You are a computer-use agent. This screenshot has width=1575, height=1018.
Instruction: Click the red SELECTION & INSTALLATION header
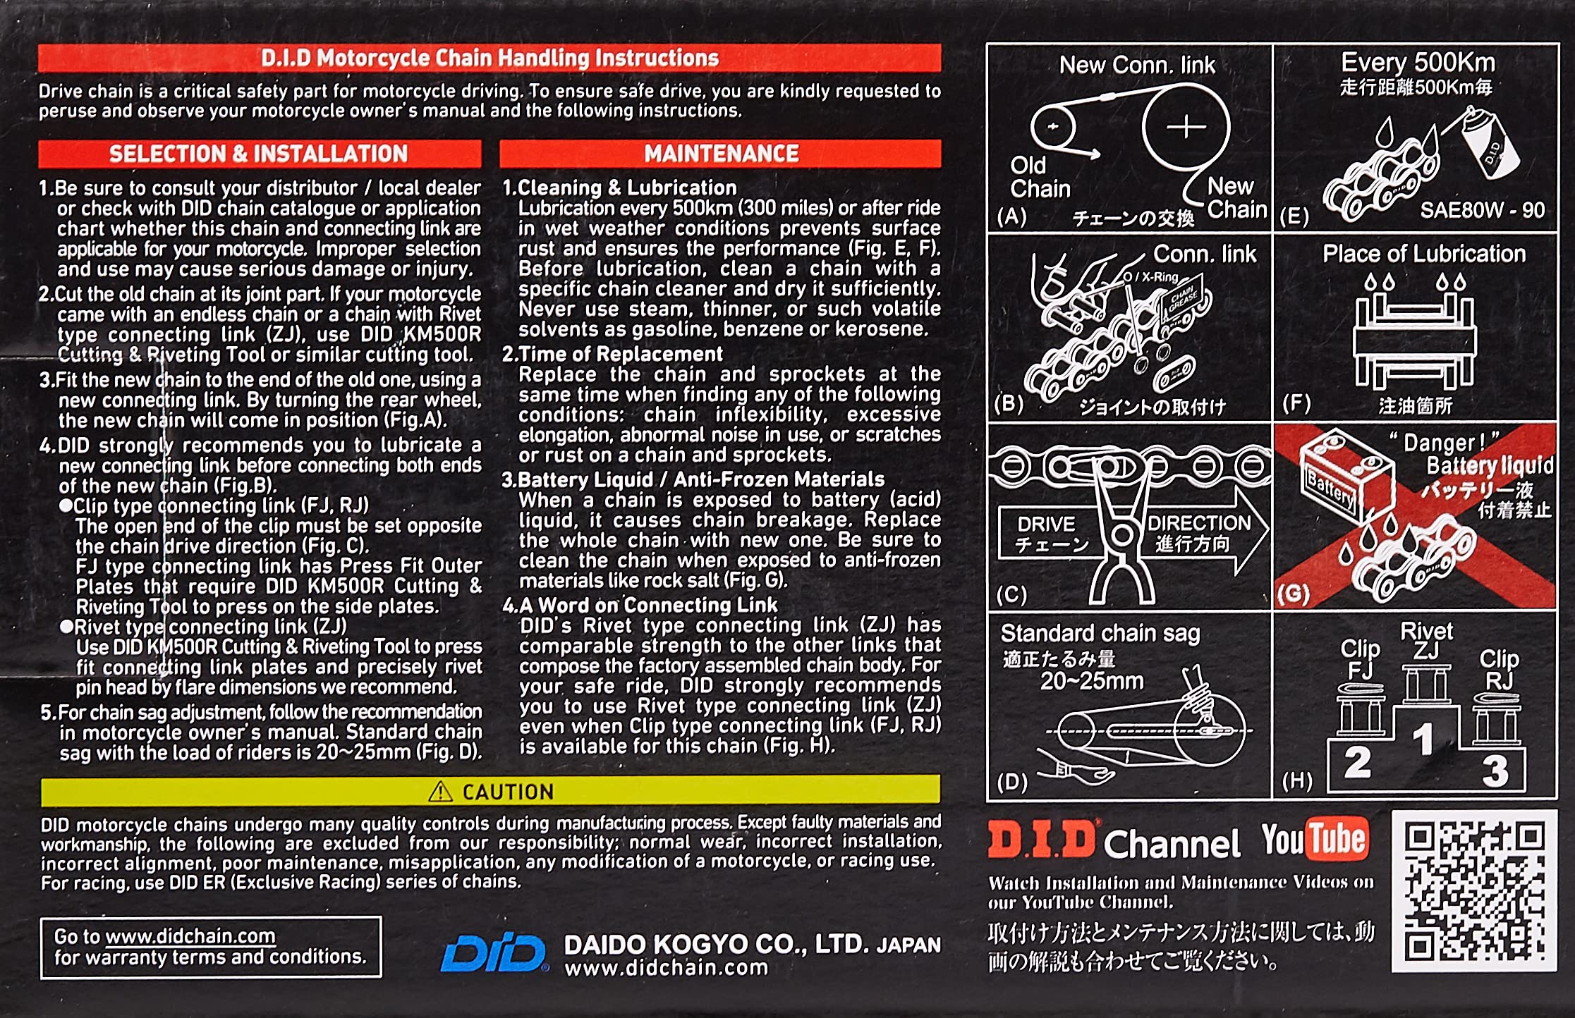pyautogui.click(x=260, y=154)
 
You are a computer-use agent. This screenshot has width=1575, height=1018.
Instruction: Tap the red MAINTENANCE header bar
pyautogui.click(x=720, y=153)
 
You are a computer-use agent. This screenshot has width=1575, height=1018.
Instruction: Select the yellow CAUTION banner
pyautogui.click(x=490, y=791)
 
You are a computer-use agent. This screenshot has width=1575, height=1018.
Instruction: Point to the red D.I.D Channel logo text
pyautogui.click(x=1041, y=840)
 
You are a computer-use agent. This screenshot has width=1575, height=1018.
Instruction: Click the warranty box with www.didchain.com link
pyautogui.click(x=211, y=947)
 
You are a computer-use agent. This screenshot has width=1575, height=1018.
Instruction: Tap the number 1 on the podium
pyautogui.click(x=1423, y=740)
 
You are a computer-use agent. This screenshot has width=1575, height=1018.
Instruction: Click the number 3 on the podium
pyautogui.click(x=1495, y=771)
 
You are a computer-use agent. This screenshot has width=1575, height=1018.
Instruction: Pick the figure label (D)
pyautogui.click(x=1012, y=782)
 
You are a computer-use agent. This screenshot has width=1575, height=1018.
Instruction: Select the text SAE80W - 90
pyautogui.click(x=1482, y=209)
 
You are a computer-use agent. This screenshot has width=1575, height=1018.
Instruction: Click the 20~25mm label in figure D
pyautogui.click(x=1092, y=681)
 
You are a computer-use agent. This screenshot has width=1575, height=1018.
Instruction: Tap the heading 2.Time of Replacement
pyautogui.click(x=612, y=353)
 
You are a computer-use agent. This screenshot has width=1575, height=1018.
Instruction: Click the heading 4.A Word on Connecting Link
pyautogui.click(x=640, y=605)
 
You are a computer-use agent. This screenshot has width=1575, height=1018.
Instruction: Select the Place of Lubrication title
pyautogui.click(x=1424, y=254)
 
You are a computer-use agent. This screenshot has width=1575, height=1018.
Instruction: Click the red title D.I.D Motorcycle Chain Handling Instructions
pyautogui.click(x=490, y=58)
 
